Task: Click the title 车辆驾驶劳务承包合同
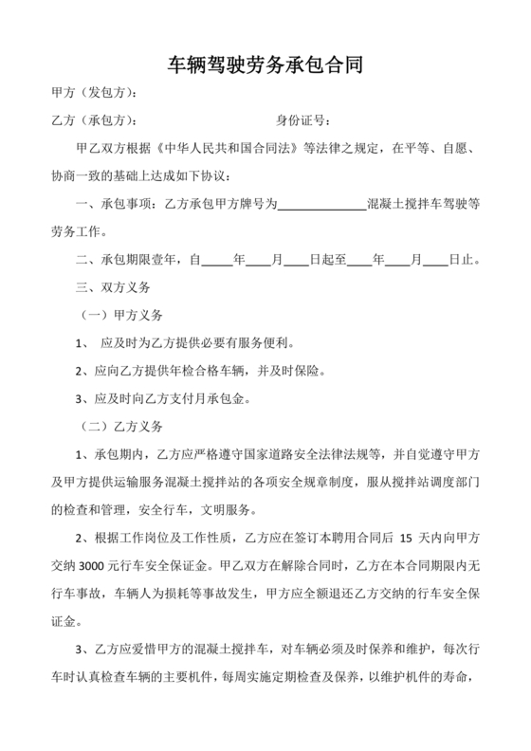click(x=265, y=64)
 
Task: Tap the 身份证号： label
click(x=302, y=121)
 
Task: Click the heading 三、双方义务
click(x=119, y=286)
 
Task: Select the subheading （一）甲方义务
click(x=123, y=314)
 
